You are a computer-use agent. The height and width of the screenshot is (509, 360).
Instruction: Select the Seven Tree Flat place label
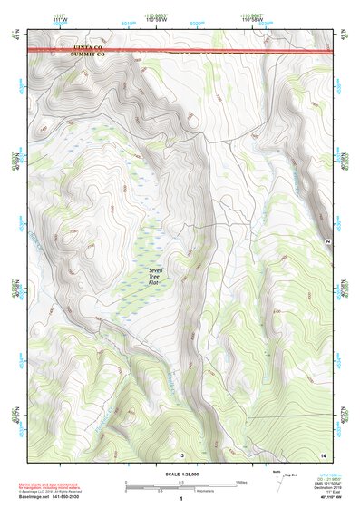pos(159,276)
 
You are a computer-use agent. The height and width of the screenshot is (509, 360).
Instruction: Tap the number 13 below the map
pos(180,453)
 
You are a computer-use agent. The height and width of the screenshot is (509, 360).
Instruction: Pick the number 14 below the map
pos(323,453)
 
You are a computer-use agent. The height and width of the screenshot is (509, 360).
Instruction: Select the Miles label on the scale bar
pos(239,481)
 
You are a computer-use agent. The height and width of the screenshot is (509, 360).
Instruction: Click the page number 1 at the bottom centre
pos(180,499)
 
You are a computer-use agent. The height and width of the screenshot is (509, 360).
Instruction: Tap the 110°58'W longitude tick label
pos(258,17)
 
